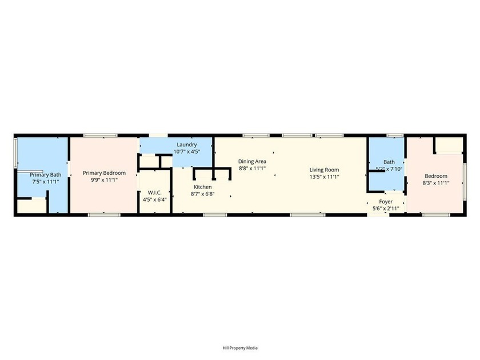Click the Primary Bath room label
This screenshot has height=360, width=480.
point(46,175)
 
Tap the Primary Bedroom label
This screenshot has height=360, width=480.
point(104,173)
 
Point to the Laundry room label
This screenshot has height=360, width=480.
point(187,145)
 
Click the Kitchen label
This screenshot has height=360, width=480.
point(202,187)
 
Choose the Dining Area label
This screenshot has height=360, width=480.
point(252,162)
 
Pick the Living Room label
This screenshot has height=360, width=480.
point(324,170)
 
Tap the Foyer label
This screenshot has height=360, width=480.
point(386,202)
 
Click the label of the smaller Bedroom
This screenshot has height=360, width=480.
point(435,176)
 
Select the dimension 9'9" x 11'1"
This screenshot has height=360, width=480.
point(104,180)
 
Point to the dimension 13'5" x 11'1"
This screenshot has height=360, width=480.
point(324,177)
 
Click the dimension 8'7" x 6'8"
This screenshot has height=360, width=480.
point(202,194)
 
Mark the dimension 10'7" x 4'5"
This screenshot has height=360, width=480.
point(187,151)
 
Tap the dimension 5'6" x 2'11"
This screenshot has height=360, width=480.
point(386,209)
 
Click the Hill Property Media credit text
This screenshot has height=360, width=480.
point(239,348)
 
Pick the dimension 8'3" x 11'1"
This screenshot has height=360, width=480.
point(435,183)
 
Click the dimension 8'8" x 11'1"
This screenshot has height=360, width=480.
point(252,169)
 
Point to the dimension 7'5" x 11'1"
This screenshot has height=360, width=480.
point(46,182)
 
